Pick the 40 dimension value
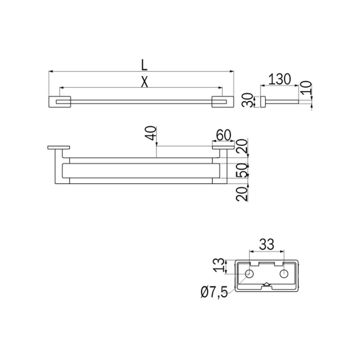151,135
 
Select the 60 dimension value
223,135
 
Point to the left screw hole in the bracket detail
249,274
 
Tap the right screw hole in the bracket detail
282,274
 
